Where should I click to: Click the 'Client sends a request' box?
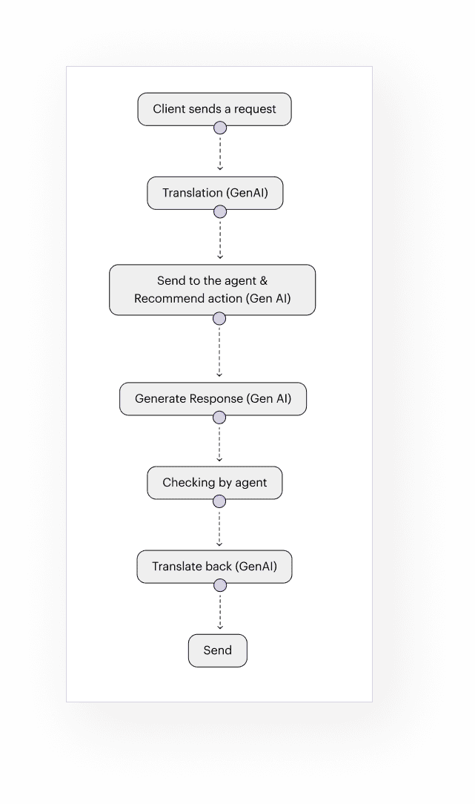(x=214, y=109)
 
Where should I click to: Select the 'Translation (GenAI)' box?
(x=214, y=193)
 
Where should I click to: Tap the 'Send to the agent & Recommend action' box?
(x=212, y=289)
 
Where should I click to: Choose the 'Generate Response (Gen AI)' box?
(x=213, y=399)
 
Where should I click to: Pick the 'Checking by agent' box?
(x=214, y=483)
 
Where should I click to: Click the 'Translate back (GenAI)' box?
(x=214, y=567)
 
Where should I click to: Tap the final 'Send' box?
(x=217, y=650)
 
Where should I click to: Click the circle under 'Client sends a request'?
(x=219, y=128)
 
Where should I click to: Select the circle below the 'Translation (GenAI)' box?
(x=219, y=212)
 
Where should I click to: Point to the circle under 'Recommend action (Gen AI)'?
(x=219, y=319)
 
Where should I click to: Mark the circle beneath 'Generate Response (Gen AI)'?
(x=219, y=418)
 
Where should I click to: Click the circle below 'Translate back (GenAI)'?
(x=219, y=586)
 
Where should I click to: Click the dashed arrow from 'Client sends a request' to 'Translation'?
(x=219, y=153)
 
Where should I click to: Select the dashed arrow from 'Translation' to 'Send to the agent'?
(x=219, y=238)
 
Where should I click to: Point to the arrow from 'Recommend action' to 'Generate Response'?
(x=219, y=351)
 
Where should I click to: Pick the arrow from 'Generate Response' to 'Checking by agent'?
(x=219, y=442)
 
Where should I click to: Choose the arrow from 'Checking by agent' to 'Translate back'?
(x=219, y=527)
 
